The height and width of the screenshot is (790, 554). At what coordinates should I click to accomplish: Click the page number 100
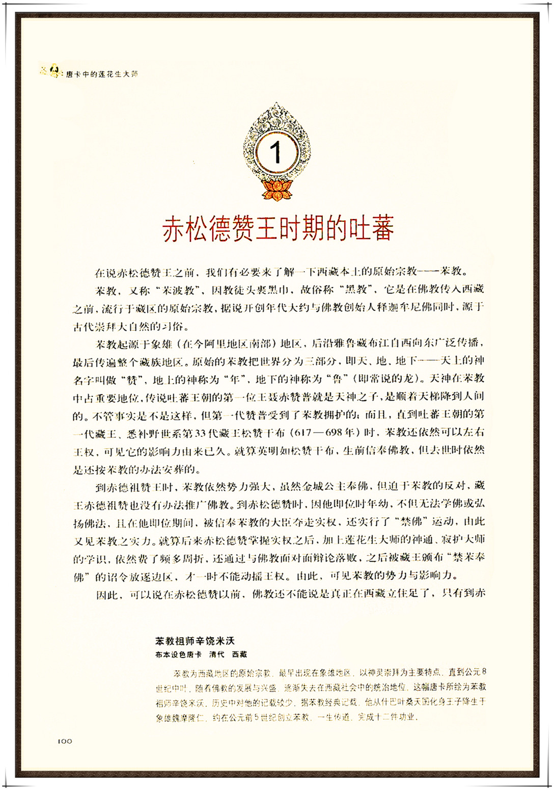tap(65, 741)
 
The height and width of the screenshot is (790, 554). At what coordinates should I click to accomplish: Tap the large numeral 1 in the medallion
tap(275, 152)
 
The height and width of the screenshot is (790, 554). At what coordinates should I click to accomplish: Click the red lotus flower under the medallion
tap(276, 189)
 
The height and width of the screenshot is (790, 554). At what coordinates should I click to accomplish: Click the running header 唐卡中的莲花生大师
tap(102, 74)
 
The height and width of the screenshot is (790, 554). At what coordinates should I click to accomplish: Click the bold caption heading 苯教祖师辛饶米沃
tap(195, 641)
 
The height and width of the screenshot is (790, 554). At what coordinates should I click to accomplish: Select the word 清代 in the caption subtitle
tap(217, 654)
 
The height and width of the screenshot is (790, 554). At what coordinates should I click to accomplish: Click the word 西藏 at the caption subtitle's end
tap(239, 654)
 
